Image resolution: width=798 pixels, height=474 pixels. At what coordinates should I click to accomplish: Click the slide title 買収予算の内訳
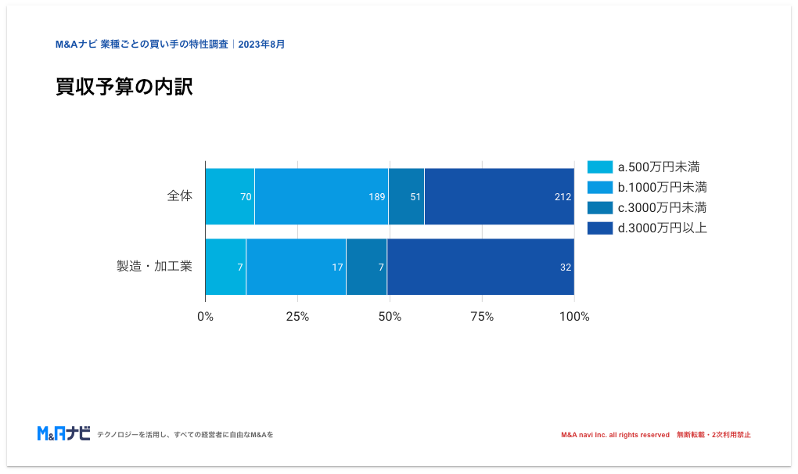[124, 87]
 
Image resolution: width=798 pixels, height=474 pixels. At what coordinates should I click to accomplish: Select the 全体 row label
[179, 196]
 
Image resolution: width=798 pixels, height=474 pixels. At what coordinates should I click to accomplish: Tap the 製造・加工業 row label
[154, 267]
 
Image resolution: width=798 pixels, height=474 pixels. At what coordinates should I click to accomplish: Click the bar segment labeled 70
[229, 196]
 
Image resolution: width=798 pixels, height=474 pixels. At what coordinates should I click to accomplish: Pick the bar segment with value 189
[321, 196]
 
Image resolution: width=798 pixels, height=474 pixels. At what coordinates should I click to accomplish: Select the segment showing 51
[406, 196]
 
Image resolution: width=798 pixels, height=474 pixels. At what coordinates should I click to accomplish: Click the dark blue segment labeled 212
[498, 196]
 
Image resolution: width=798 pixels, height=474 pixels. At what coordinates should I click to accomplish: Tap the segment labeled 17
[296, 267]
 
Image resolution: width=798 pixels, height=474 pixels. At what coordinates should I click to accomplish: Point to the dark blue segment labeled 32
[480, 267]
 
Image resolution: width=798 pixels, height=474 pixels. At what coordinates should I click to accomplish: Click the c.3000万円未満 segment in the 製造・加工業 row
[366, 267]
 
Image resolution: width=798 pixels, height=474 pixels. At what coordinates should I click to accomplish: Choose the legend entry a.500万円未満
[647, 167]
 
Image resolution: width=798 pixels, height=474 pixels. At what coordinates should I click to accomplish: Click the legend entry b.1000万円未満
[647, 187]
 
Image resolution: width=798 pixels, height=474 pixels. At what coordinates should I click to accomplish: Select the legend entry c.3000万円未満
[647, 207]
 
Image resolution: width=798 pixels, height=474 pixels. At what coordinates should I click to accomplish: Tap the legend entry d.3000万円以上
[647, 228]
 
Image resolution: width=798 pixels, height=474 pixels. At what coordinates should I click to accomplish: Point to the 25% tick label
[297, 317]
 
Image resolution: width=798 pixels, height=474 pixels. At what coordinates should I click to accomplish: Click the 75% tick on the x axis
[482, 317]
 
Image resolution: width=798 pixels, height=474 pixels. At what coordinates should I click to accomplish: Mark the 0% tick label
[205, 317]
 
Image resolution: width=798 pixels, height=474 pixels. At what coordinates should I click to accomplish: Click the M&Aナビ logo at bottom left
[64, 433]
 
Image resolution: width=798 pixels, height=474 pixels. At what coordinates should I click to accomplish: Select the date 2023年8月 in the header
[261, 45]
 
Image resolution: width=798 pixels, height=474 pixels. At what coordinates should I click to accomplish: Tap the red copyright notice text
[656, 435]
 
